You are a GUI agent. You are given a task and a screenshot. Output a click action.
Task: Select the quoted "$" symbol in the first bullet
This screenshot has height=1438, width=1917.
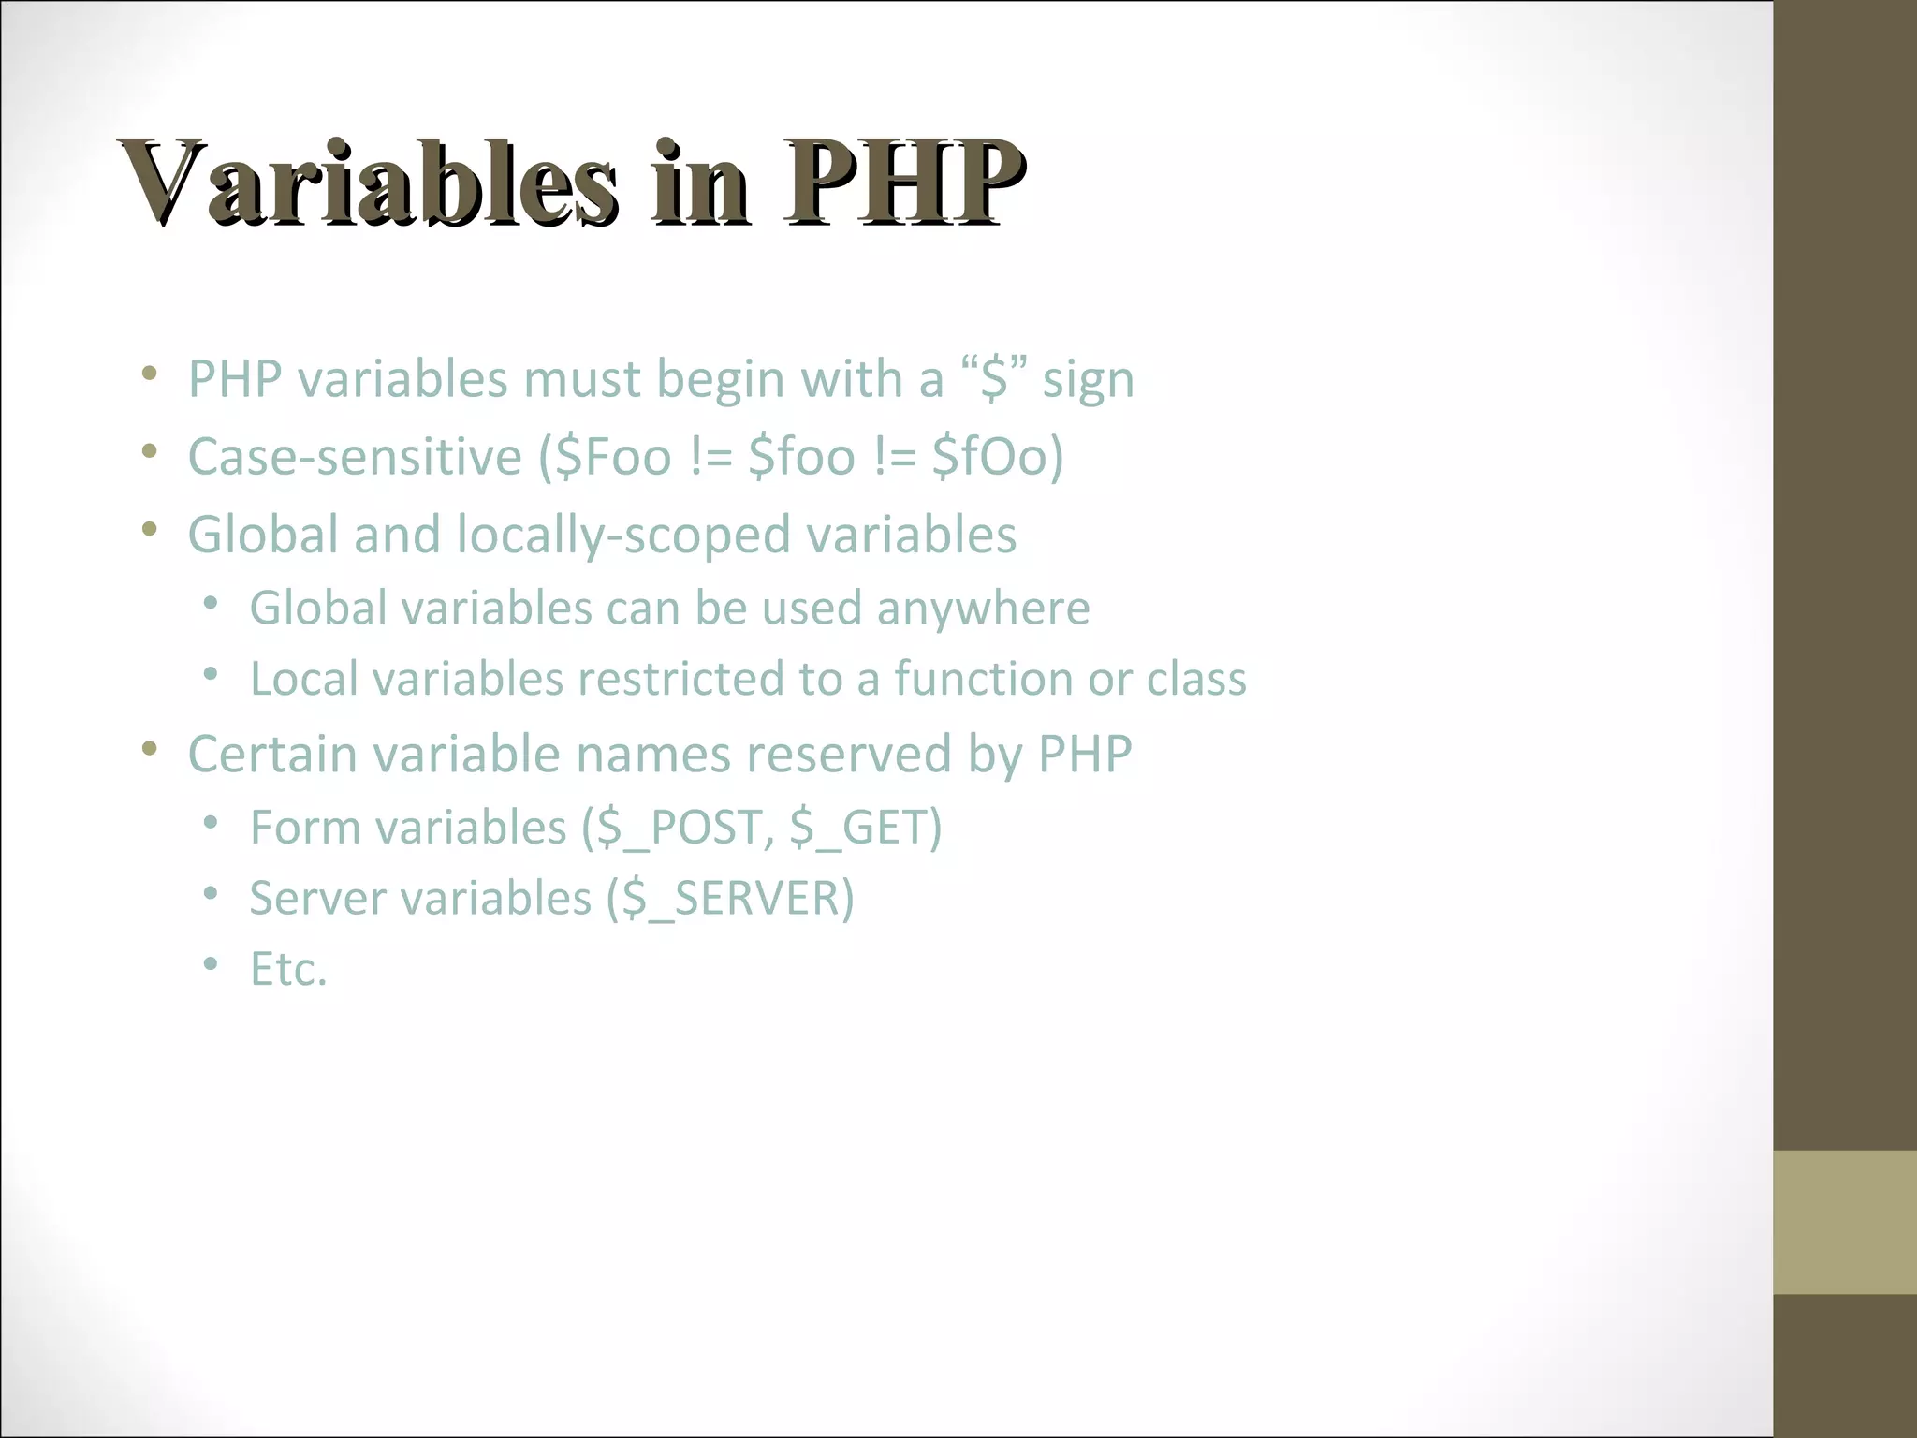coord(994,380)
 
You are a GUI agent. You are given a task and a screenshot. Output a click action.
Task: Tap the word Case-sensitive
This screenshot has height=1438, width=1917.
coord(355,457)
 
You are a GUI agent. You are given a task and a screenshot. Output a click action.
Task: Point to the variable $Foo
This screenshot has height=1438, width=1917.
coord(613,457)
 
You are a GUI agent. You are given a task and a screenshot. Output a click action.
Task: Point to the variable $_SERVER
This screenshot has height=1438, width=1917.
coord(730,899)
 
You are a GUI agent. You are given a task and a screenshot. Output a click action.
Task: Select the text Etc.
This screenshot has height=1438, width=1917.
coord(288,970)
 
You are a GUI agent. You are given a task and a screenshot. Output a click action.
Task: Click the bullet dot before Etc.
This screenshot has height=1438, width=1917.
coord(211,964)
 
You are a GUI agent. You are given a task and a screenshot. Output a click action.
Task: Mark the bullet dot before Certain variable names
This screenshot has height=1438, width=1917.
coord(149,748)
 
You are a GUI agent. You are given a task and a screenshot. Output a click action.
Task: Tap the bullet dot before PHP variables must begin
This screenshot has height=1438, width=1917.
coord(149,374)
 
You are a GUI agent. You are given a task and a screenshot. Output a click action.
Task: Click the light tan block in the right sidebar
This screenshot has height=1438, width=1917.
coord(1845,1222)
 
